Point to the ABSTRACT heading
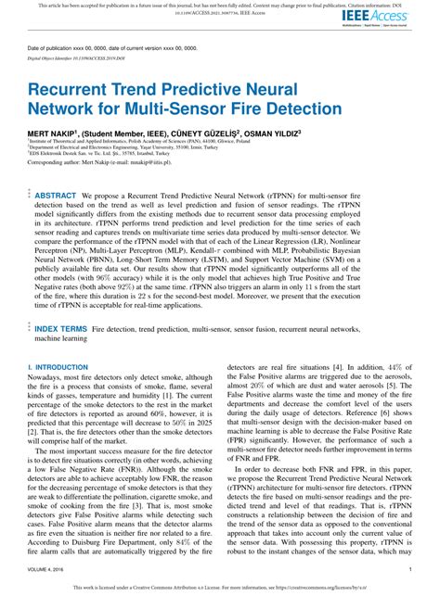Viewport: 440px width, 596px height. coord(55,197)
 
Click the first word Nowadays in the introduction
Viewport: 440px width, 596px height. coord(47,378)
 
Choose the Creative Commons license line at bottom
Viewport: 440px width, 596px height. coord(220,587)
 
